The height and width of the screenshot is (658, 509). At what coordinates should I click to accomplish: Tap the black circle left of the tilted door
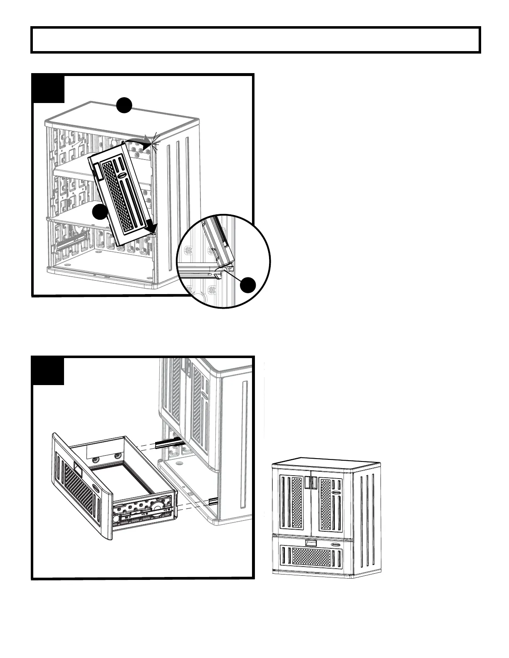pyautogui.click(x=100, y=212)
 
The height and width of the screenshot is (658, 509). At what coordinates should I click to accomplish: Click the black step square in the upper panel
pyautogui.click(x=48, y=88)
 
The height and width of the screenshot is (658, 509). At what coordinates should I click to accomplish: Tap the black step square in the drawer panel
pyautogui.click(x=48, y=371)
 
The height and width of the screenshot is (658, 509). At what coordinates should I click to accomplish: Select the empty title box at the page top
pyautogui.click(x=256, y=40)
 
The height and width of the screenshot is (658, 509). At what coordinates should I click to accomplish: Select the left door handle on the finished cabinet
pyautogui.click(x=308, y=483)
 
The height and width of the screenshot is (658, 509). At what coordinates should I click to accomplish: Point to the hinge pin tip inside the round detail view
pyautogui.click(x=226, y=269)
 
